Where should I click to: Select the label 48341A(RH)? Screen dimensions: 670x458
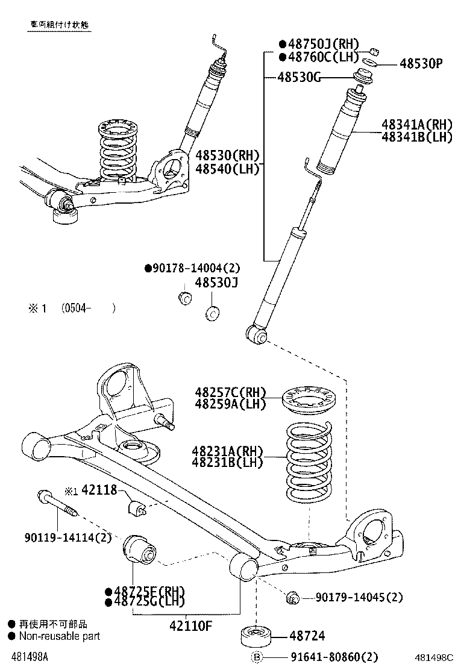click(416, 125)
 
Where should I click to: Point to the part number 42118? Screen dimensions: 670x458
click(99, 490)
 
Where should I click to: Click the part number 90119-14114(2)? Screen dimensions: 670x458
click(60, 537)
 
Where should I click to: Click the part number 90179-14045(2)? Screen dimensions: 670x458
click(359, 597)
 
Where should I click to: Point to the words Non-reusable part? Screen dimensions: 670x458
click(58, 636)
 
